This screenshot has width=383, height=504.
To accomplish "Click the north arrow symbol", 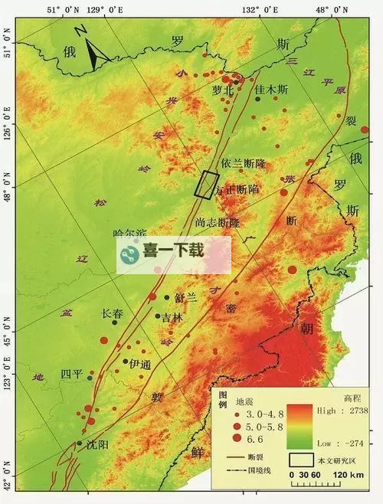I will [x=95, y=51].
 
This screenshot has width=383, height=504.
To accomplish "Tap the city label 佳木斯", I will [x=271, y=89].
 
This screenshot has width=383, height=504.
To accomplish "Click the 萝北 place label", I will [x=227, y=90].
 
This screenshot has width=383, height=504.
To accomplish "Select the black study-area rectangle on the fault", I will [x=204, y=185].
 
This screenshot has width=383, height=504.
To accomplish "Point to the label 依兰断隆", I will [x=243, y=163].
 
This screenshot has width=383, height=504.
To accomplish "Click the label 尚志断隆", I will [x=217, y=222].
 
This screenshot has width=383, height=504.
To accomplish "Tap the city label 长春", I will [x=112, y=313].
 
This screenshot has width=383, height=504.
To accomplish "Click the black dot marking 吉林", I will [x=158, y=316].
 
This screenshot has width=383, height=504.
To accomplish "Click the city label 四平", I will [x=71, y=374].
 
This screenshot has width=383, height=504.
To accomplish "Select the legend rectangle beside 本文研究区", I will [x=302, y=460].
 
